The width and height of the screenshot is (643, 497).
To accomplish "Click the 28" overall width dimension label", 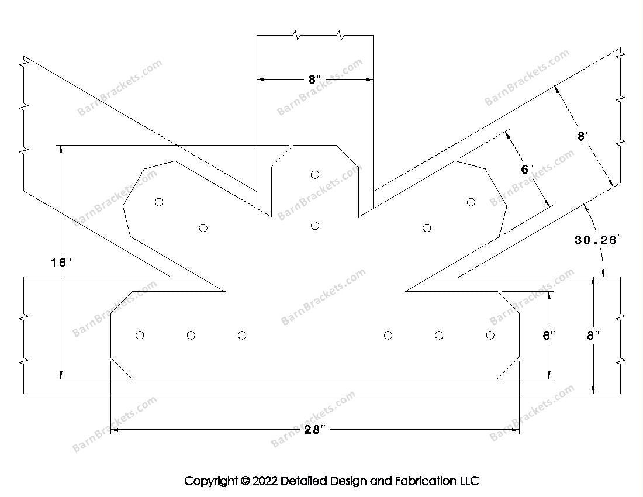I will (314, 430).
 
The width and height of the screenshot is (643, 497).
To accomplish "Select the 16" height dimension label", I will (60, 263).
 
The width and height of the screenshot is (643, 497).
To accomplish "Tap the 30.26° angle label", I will (596, 240).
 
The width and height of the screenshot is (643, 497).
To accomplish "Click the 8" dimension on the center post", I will (315, 80).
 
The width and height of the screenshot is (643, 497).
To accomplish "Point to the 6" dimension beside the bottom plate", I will (548, 336).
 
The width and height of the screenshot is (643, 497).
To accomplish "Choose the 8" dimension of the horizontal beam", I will (593, 336).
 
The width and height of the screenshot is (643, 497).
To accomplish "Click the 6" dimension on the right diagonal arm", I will (527, 170).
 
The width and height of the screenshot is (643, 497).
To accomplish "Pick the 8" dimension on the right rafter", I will (583, 137).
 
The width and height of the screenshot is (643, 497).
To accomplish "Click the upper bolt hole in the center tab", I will (315, 174).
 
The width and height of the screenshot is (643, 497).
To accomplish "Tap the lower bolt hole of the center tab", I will (315, 226).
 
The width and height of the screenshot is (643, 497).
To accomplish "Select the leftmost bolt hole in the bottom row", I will (140, 335).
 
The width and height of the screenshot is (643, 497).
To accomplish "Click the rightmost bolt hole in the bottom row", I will (490, 335).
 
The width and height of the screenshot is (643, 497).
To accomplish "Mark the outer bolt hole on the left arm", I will (159, 202).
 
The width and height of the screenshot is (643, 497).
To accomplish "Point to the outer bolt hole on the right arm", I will (471, 202).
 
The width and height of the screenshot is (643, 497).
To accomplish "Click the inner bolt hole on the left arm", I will (203, 227).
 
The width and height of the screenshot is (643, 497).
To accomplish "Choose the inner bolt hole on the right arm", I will (427, 227).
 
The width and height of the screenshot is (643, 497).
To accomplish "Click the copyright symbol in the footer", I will (244, 481).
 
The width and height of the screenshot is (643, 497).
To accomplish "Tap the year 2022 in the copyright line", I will (265, 481).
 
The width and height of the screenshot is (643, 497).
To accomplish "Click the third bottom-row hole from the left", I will (242, 335).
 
